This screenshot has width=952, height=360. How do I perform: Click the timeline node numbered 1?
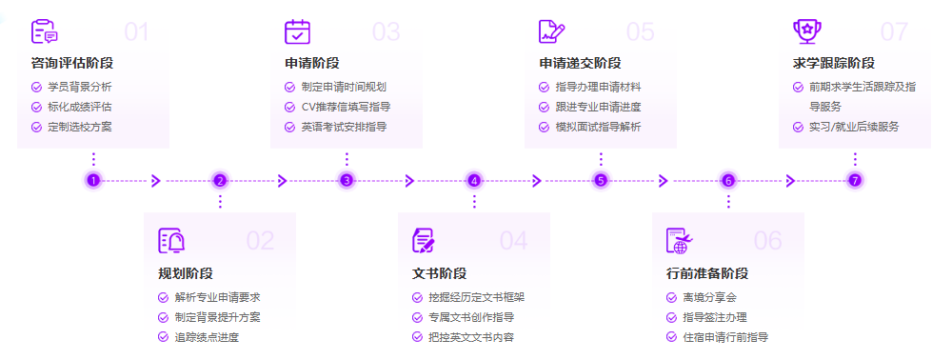click(92, 180)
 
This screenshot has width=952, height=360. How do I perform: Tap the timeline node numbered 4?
click(474, 180)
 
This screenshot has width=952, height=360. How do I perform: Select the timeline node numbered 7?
click(855, 180)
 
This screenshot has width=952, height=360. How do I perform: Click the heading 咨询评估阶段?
click(72, 64)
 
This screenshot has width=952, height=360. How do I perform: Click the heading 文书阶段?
click(439, 273)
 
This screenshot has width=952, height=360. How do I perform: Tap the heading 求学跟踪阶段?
click(834, 64)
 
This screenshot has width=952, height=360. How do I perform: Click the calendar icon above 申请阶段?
click(298, 31)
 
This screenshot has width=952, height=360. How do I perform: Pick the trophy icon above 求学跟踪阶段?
click(806, 31)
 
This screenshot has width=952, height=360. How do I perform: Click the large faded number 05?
click(640, 32)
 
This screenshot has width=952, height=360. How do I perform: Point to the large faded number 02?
click(260, 241)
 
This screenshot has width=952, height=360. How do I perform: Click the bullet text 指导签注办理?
click(715, 317)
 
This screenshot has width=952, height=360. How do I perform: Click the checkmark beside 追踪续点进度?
click(163, 337)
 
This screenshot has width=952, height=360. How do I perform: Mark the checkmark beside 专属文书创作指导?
click(417, 317)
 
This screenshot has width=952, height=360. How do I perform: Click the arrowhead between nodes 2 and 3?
click(282, 180)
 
